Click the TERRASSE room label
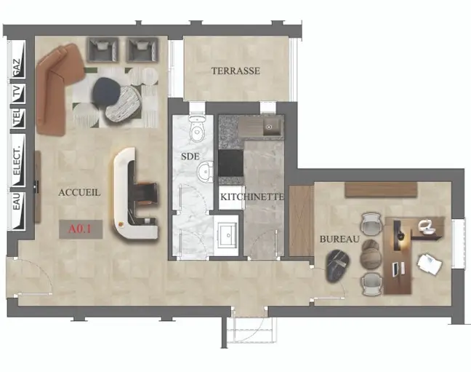tap(235, 71)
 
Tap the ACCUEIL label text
tap(79, 193)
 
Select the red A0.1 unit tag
tap(80, 229)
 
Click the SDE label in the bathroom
tap(190, 157)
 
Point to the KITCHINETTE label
tap(252, 197)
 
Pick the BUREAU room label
tap(339, 240)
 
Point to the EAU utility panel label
tap(17, 202)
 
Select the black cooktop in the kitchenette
tap(230, 163)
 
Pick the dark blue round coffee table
tap(107, 92)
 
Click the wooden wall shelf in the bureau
tap(381, 189)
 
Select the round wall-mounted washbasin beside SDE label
tap(205, 172)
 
